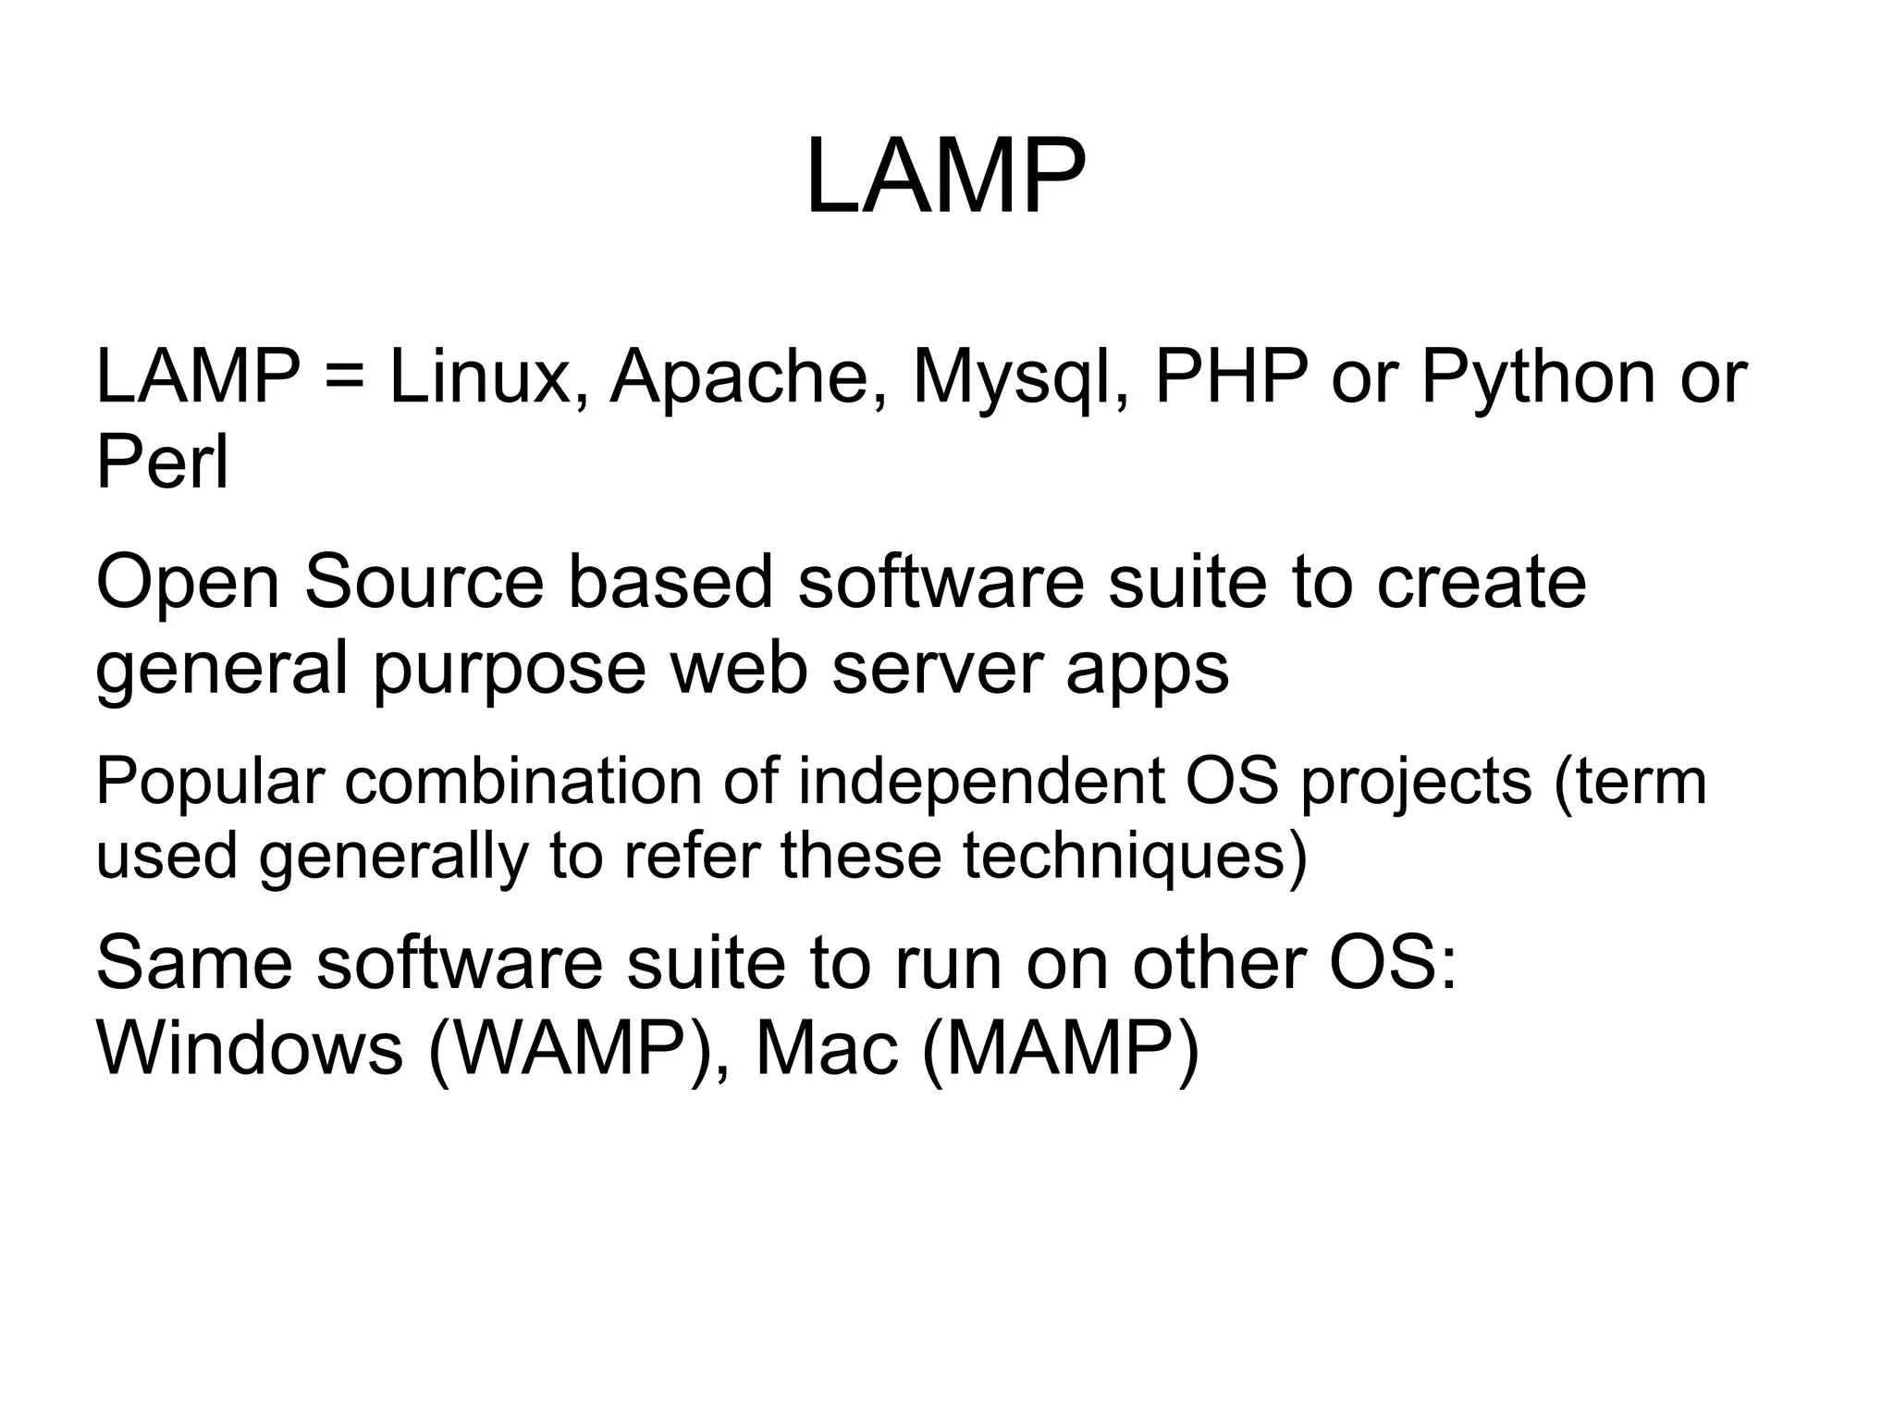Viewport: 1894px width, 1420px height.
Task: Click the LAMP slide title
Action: click(945, 177)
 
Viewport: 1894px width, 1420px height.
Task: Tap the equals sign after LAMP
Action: click(344, 378)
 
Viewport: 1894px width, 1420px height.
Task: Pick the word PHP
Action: click(1231, 377)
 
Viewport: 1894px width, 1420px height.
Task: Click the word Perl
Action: click(162, 462)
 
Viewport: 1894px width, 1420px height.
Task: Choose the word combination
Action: click(523, 781)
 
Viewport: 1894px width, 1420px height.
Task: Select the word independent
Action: click(979, 783)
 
